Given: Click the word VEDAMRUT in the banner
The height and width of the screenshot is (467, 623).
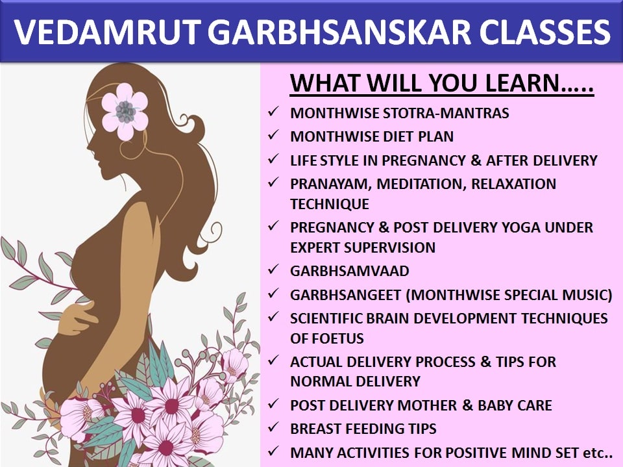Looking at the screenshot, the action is click(107, 32).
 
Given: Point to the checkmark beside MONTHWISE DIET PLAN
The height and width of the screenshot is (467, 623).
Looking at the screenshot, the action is click(273, 135).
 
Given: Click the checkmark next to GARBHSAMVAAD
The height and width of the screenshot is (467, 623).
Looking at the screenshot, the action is click(273, 270).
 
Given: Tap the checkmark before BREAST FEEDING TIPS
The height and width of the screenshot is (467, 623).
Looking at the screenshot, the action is click(273, 427).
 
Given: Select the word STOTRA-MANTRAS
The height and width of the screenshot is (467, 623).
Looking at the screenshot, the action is click(445, 114).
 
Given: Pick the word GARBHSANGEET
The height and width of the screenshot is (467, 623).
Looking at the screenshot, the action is click(346, 295).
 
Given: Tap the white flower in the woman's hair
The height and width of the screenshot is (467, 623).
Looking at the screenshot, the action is click(125, 111).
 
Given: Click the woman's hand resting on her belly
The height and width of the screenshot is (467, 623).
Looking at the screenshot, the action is click(77, 318).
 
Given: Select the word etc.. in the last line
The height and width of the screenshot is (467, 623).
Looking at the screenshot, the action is click(598, 453).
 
